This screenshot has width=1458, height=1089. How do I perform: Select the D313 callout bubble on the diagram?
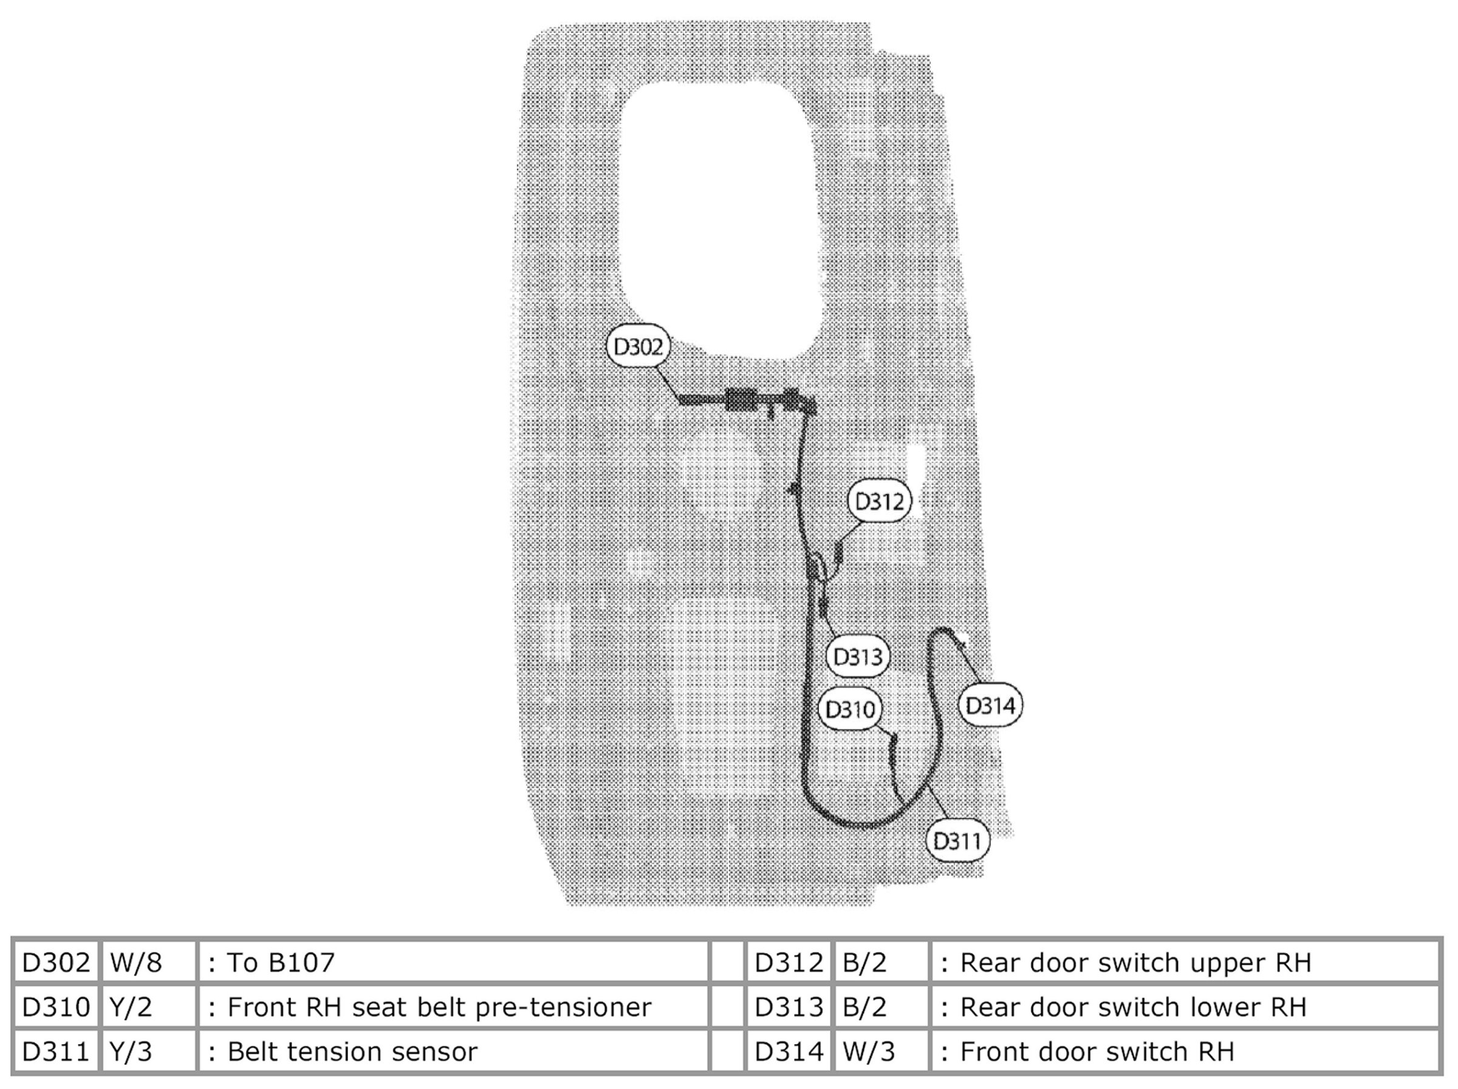click(x=858, y=657)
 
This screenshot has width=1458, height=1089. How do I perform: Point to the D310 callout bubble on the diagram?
click(x=850, y=709)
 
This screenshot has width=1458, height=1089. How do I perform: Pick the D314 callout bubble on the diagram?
click(x=990, y=706)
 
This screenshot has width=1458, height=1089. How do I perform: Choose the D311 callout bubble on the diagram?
click(x=957, y=841)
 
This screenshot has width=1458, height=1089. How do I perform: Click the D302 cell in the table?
click(x=56, y=963)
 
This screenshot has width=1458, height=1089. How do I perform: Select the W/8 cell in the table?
click(x=136, y=963)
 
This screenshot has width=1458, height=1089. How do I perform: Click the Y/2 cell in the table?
click(x=131, y=1007)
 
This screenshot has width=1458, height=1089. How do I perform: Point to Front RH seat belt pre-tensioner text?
click(x=439, y=1007)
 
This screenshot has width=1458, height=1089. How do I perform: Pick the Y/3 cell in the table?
click(x=131, y=1051)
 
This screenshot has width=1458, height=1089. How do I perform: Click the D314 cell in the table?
click(x=789, y=1051)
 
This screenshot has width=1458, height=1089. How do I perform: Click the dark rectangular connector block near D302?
click(x=741, y=400)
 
